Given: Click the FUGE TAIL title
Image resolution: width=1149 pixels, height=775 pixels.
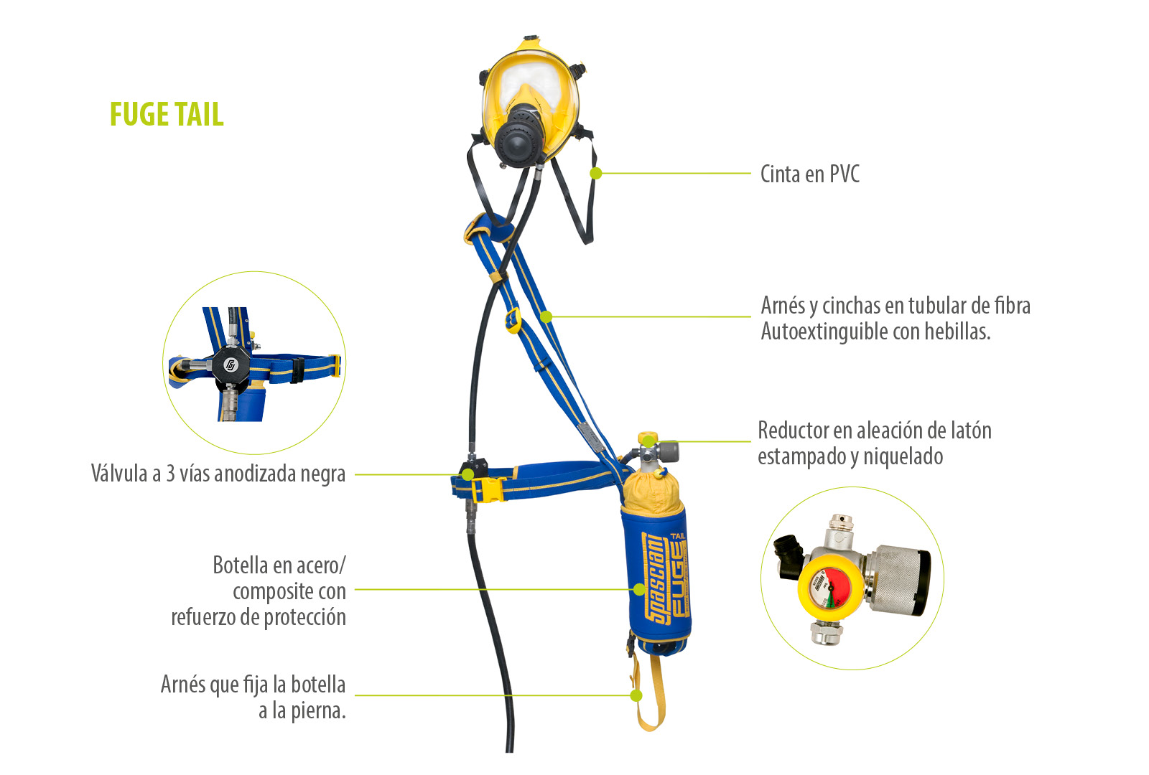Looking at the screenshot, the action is click(167, 114).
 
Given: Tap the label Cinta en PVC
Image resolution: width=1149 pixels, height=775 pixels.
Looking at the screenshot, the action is click(809, 174).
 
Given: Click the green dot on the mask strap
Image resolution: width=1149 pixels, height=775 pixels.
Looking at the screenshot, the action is click(595, 174).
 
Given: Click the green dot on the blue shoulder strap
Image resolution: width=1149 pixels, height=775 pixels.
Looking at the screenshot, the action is click(546, 316).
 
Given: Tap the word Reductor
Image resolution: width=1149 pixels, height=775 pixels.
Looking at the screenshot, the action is click(793, 431).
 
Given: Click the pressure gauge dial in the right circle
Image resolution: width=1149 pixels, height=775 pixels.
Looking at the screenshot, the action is click(825, 588).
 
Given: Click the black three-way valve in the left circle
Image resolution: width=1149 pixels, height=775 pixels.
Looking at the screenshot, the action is click(231, 366).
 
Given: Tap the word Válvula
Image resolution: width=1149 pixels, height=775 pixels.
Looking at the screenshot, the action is click(119, 473).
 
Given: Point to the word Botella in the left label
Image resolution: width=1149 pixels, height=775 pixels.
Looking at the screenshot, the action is click(240, 565).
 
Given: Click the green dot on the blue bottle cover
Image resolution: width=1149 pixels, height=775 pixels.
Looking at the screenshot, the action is click(639, 589).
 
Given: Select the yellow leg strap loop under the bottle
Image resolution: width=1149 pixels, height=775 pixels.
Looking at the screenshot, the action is click(647, 691).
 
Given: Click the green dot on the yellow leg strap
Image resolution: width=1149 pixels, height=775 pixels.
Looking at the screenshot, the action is click(636, 695).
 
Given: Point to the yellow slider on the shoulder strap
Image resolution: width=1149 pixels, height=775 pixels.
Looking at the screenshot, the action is click(513, 321).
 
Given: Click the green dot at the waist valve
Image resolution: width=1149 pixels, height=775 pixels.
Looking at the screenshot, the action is click(467, 474).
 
